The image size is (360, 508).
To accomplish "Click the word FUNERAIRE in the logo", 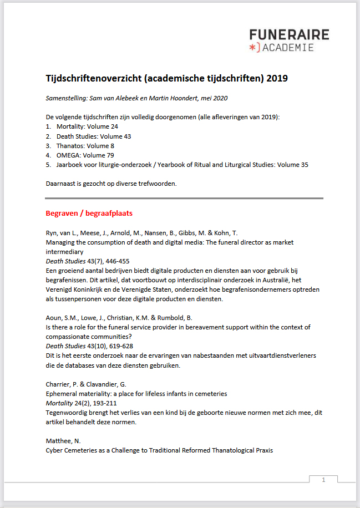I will click(288, 35).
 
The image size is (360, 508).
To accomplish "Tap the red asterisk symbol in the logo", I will click(253, 48).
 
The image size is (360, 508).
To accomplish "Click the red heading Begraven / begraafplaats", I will click(89, 213).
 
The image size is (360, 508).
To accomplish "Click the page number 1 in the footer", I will click(323, 480).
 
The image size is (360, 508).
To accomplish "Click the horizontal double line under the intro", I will click(184, 198).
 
